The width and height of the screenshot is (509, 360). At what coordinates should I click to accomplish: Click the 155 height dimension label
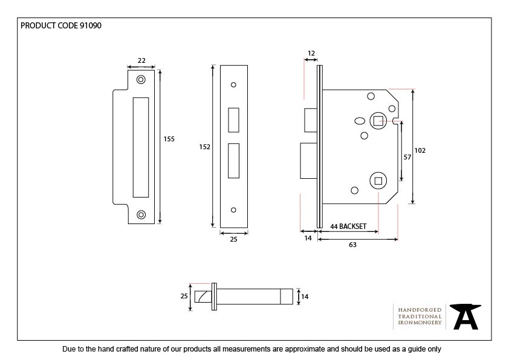click(x=169, y=139)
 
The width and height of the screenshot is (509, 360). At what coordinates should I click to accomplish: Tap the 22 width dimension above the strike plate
click(x=141, y=60)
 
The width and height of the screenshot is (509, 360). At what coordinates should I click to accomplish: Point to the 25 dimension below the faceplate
click(x=234, y=240)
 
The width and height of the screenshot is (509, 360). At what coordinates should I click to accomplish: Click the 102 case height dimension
click(x=420, y=150)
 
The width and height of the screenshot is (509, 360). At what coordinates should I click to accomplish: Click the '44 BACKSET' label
click(x=348, y=226)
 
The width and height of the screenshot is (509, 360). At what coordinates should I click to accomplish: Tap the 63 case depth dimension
click(x=352, y=244)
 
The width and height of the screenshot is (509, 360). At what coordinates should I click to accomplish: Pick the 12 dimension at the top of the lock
click(x=311, y=54)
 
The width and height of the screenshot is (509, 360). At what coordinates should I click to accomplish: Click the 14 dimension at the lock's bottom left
click(x=308, y=239)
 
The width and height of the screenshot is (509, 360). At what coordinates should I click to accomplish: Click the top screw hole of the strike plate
click(x=141, y=79)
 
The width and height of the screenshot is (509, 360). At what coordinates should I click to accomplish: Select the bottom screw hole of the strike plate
click(x=141, y=214)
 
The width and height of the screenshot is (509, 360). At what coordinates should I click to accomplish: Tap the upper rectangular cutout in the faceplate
click(x=233, y=120)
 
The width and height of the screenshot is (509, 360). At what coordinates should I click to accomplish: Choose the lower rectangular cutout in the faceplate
click(x=233, y=160)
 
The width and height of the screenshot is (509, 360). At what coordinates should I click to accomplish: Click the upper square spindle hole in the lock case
click(x=378, y=121)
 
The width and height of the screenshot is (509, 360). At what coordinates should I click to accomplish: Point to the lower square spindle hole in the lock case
click(x=378, y=179)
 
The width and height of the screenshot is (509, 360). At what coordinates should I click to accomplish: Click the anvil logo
click(x=466, y=316)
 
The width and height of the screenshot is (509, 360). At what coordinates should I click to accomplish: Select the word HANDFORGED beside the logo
click(x=420, y=309)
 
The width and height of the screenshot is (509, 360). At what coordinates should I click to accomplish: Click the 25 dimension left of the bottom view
click(x=184, y=296)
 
